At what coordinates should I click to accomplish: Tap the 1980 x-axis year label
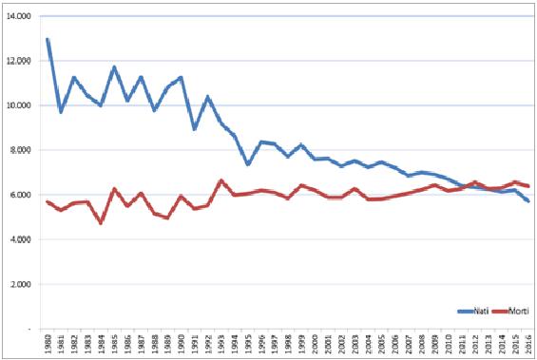(47, 343)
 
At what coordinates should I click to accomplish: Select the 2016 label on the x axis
(527, 343)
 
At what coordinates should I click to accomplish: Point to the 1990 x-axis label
(181, 343)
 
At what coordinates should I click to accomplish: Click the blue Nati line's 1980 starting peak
(48, 40)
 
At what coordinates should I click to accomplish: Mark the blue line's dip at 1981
(61, 111)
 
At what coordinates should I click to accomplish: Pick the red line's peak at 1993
(221, 180)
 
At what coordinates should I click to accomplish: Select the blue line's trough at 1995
(247, 164)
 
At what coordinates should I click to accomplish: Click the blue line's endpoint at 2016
(527, 201)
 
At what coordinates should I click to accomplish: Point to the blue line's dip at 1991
(194, 128)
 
